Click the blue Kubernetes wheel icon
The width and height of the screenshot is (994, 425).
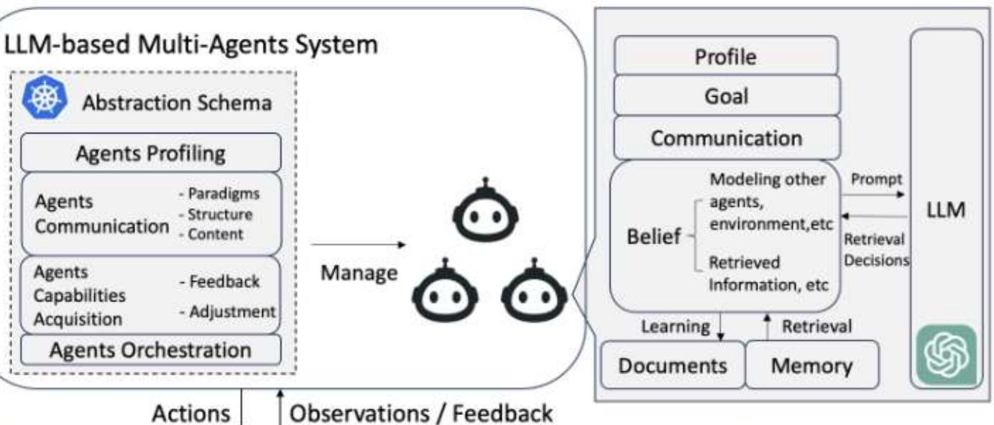click(x=45, y=100)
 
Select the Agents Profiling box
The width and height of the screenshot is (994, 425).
click(x=150, y=153)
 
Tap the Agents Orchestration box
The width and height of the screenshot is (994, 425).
click(x=150, y=350)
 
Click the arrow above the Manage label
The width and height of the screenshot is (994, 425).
click(x=358, y=245)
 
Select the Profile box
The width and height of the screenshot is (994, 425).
click(x=726, y=56)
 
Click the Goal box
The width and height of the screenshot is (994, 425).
click(x=726, y=96)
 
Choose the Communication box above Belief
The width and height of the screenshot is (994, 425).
click(x=726, y=138)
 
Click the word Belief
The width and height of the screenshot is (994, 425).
click(x=653, y=238)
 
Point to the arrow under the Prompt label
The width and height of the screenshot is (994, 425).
click(x=875, y=194)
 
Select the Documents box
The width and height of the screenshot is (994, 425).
click(x=673, y=365)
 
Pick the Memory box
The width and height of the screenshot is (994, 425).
click(x=812, y=365)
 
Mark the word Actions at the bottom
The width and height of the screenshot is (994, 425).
click(x=191, y=414)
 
